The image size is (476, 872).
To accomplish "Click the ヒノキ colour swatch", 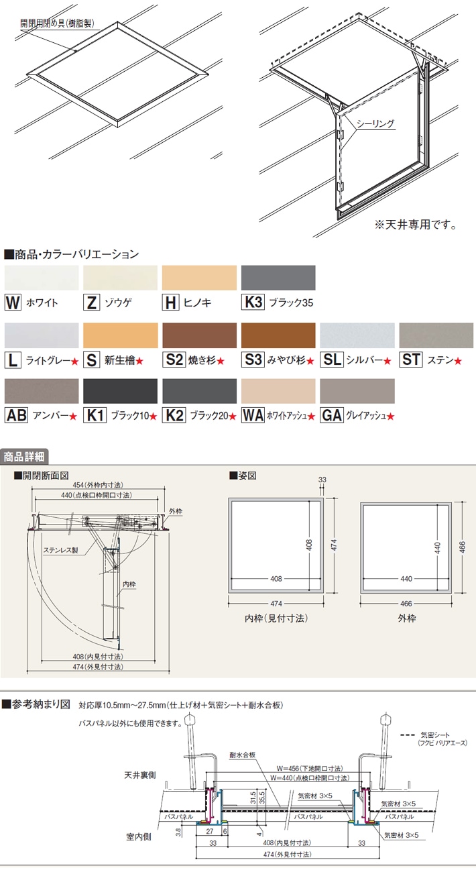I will pos(199,278).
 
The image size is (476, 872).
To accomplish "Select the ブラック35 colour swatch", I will pos(278,278).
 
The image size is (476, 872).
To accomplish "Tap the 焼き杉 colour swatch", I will pos(199,335).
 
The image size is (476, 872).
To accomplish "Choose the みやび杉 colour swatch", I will pos(278,335).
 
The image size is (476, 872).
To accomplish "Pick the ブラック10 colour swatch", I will pos(120,391).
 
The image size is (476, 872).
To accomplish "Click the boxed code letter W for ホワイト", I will pos(13,303).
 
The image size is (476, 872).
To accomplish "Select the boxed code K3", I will pos(253,303).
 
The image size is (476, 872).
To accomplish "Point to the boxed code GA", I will pos(331,416).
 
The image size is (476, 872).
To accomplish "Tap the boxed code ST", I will pos(411,360).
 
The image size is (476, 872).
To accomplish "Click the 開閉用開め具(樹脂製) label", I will pos(56,22).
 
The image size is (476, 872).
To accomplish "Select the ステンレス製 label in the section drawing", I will pos(61,550).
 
